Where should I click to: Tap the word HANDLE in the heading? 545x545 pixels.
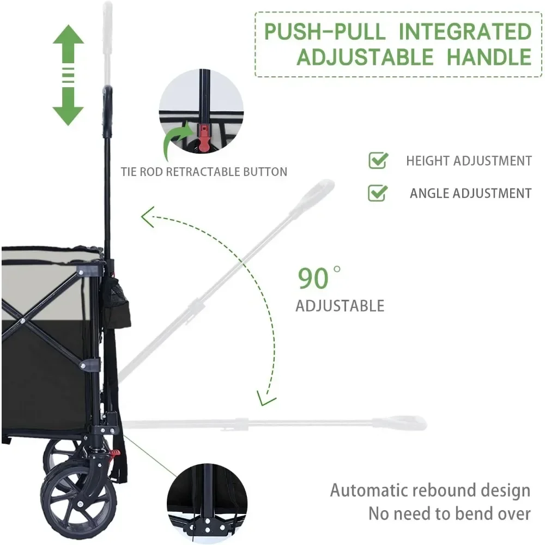[x=488, y=56]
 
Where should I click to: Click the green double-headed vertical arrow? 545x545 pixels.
[x=68, y=75]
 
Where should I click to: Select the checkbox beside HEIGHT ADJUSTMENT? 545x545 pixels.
[x=378, y=160]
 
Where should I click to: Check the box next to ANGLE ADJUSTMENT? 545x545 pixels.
[x=378, y=192]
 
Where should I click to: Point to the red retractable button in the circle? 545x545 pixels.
[x=203, y=138]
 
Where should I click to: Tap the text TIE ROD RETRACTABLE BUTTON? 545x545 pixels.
[x=204, y=172]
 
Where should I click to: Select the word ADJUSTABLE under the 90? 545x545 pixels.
[x=340, y=306]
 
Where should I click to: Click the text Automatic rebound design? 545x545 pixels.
[x=430, y=490]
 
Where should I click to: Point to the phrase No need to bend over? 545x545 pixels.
[x=449, y=513]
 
